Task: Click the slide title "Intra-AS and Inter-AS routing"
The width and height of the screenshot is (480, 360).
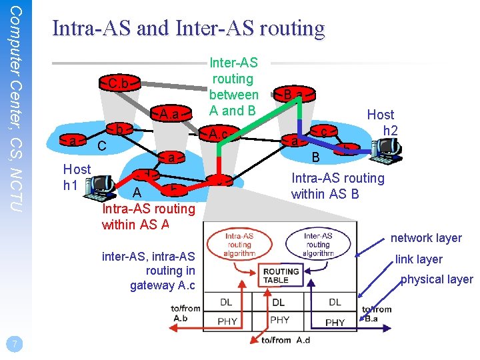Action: click(x=188, y=28)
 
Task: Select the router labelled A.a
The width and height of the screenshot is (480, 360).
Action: click(x=169, y=114)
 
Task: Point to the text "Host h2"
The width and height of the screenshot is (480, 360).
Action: click(x=381, y=122)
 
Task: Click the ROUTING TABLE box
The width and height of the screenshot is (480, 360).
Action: click(x=281, y=275)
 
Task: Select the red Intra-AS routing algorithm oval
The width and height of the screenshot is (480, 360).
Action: click(x=239, y=245)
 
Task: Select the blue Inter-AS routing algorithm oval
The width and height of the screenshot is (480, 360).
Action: click(x=317, y=245)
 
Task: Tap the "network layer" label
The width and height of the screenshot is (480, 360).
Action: click(x=426, y=238)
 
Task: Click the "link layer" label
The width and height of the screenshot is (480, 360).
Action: click(x=419, y=259)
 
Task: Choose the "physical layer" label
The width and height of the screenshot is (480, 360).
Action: click(x=437, y=279)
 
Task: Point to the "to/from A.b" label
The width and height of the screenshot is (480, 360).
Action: click(x=185, y=313)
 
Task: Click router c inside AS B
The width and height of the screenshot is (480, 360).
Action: click(x=323, y=133)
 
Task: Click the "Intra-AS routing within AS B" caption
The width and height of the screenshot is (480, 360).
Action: click(x=338, y=186)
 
